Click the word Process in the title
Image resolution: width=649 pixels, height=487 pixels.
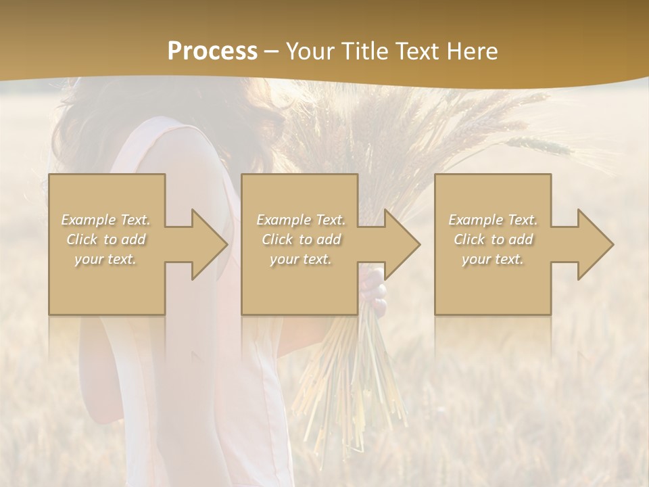(212, 51)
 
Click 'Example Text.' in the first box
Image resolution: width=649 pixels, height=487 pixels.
(106, 220)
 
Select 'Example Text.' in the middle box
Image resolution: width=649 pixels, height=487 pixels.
(301, 220)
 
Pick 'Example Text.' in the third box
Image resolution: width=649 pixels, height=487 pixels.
(493, 220)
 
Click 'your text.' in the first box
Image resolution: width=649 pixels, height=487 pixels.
(105, 259)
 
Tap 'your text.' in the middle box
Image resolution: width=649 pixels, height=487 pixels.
(300, 259)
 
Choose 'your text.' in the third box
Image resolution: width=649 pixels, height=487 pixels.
(492, 259)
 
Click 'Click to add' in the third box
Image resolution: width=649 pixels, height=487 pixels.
(493, 239)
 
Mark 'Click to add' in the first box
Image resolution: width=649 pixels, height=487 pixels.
(106, 239)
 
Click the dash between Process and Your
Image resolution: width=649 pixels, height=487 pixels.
(271, 52)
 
